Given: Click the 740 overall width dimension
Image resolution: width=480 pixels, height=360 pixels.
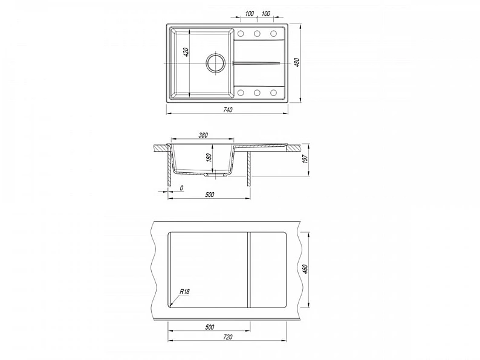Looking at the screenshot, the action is click(228, 110).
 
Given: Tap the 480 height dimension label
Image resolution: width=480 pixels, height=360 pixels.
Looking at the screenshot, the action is click(296, 62).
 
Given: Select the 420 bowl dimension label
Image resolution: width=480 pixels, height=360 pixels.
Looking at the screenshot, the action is click(186, 53).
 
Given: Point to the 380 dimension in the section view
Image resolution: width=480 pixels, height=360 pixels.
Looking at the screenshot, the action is click(203, 135).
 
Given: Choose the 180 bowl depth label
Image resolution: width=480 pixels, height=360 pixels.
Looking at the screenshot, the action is click(209, 158).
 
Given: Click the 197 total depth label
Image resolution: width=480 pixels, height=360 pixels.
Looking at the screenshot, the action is click(305, 159).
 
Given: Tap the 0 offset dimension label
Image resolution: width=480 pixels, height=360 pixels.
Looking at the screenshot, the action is click(181, 188).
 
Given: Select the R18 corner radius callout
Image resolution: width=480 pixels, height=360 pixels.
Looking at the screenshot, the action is click(184, 292).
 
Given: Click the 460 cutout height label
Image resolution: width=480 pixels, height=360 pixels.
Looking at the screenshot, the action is click(305, 269).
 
